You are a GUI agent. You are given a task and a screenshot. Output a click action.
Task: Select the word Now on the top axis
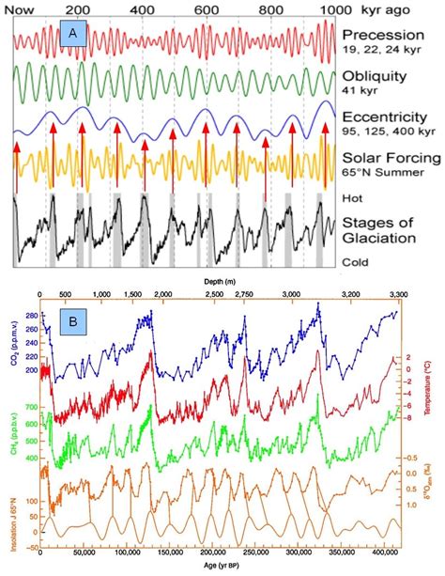(x=29, y=8)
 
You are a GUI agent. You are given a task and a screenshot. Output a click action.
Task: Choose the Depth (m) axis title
(x=222, y=281)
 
